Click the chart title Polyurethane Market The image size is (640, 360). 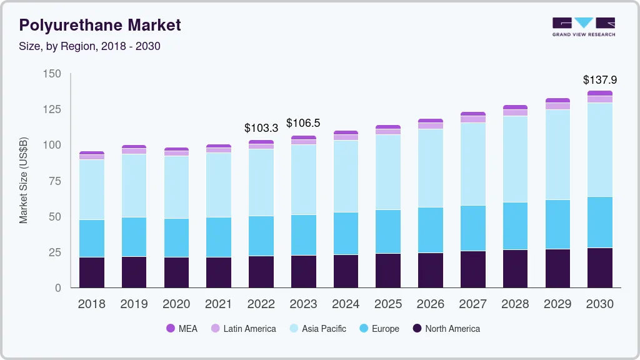tap(100, 25)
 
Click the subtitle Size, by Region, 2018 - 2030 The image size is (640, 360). tap(90, 46)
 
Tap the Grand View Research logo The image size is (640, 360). tap(584, 26)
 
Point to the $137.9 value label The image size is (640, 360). tap(599, 80)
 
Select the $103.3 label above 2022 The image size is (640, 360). tap(261, 128)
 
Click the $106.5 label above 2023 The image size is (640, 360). tap(303, 123)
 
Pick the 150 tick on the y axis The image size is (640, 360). tap(52, 74)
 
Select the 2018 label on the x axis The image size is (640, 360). tap(91, 304)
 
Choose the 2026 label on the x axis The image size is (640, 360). tap(430, 304)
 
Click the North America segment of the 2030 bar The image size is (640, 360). tap(599, 267)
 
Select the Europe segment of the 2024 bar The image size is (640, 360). tap(346, 233)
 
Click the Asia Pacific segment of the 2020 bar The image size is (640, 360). tap(176, 187)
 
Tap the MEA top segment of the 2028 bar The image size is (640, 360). tap(515, 107)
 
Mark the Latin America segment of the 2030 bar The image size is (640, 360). tap(599, 99)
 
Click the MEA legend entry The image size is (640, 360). tap(182, 329)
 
